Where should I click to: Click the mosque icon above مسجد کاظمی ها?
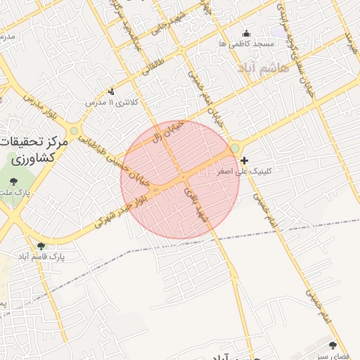point(246,33)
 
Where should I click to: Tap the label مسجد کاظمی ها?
point(246,44)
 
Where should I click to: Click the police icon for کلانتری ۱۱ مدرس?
point(111,91)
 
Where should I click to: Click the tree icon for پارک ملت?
point(14,182)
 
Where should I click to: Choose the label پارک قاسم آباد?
point(41,257)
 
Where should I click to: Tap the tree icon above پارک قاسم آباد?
point(41,246)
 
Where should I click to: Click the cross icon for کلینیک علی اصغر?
point(245,161)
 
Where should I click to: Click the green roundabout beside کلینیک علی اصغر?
point(234,148)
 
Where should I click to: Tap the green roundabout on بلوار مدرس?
point(74,131)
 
